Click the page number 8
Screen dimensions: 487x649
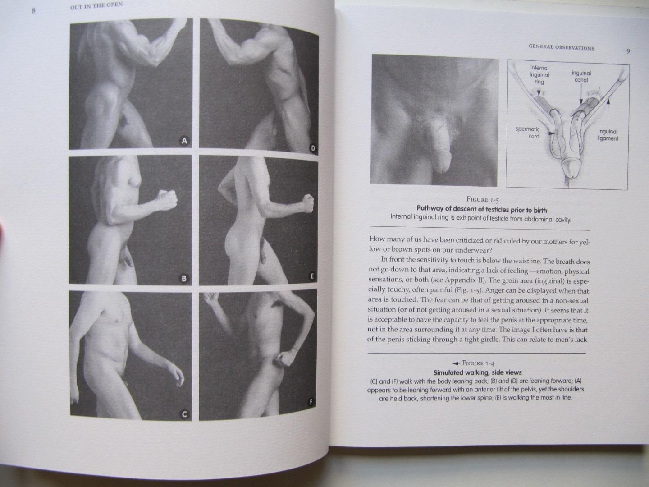click(34, 11)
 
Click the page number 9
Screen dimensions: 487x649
click(628, 51)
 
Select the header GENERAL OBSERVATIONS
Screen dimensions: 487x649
click(561, 48)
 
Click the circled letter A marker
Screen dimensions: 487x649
click(183, 141)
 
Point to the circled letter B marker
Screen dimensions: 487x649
click(183, 278)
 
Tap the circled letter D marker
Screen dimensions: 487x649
click(312, 148)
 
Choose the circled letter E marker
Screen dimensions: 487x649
click(312, 276)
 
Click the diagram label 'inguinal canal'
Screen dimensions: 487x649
click(581, 76)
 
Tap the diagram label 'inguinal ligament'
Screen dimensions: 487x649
click(608, 135)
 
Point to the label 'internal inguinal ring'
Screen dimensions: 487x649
click(539, 75)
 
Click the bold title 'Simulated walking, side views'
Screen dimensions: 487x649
click(477, 372)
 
